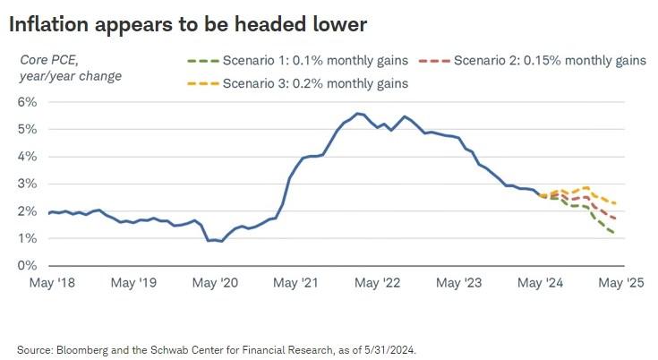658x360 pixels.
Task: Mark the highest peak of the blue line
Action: pyautogui.click(x=358, y=113)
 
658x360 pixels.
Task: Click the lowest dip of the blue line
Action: pyautogui.click(x=221, y=241)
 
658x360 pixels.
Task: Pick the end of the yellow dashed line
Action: pyautogui.click(x=616, y=204)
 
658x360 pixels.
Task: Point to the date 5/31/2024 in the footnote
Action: pyautogui.click(x=389, y=349)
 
